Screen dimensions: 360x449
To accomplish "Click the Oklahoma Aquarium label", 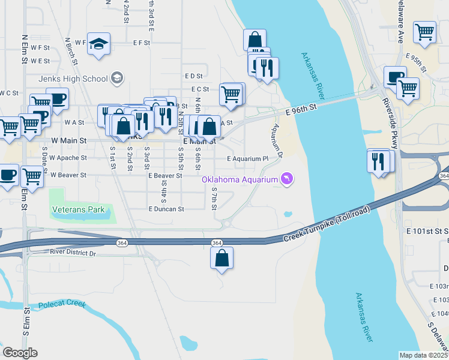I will coord(240,179).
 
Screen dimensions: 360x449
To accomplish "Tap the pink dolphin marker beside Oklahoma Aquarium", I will coord(288,179).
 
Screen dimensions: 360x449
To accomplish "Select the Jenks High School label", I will coord(73,79).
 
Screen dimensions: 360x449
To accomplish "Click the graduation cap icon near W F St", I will coord(98,44).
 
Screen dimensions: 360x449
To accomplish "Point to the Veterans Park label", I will coord(79,209).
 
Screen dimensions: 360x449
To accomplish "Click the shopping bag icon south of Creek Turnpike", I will coord(221,258).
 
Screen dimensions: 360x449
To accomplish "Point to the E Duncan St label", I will coord(166,209).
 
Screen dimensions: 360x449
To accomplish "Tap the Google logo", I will coord(20,353).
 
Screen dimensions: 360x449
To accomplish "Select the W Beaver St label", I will coord(68,175).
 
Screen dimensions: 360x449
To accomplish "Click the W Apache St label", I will coord(68,158).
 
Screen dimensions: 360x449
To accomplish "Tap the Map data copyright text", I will coord(423,355).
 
